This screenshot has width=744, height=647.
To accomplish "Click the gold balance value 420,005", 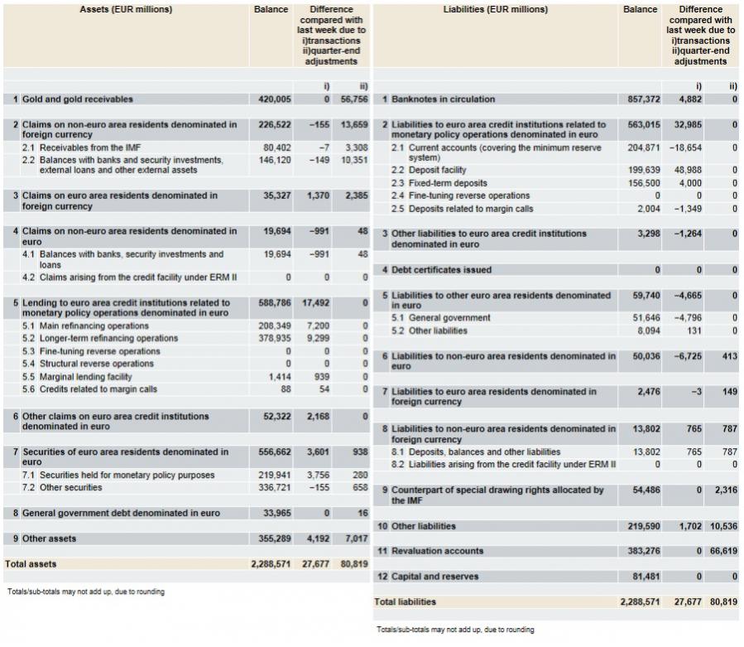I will click(275, 99).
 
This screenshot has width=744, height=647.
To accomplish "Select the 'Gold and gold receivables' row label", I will click(77, 99).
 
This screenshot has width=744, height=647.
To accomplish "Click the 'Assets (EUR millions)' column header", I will click(126, 10).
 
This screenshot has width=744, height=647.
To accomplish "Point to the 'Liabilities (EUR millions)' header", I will click(496, 10).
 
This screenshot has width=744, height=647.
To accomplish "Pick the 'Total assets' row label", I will click(31, 563).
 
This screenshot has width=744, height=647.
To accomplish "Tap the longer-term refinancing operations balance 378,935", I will click(275, 339).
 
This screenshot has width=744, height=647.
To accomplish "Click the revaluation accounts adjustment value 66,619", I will click(723, 551).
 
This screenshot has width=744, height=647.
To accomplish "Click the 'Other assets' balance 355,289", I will click(275, 538).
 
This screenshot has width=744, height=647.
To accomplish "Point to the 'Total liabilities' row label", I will click(406, 601).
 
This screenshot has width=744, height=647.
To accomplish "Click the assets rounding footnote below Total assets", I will click(86, 591).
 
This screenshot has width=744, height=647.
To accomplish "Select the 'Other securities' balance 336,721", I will click(275, 488).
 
